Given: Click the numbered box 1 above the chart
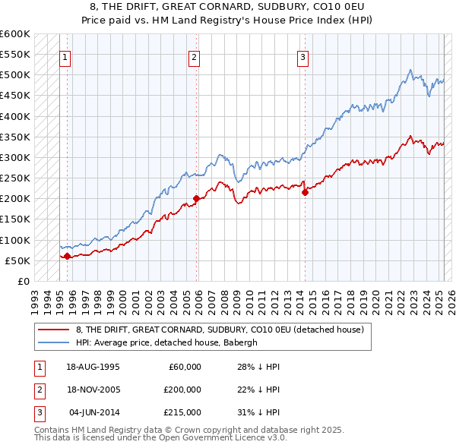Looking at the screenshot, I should coord(65,57).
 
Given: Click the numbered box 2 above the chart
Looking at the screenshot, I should coord(195,57).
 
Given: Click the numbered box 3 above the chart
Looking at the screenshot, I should coord(302,57).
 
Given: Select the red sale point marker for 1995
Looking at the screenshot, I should coord(67,256).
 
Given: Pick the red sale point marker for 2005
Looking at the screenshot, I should coord(196,199).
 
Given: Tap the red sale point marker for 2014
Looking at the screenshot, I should coord(305,193).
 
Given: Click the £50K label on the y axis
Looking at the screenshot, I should coord(17,260).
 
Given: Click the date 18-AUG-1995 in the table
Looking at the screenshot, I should coord(93,367).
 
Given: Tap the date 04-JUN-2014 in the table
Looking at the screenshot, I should coord(93,412).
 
